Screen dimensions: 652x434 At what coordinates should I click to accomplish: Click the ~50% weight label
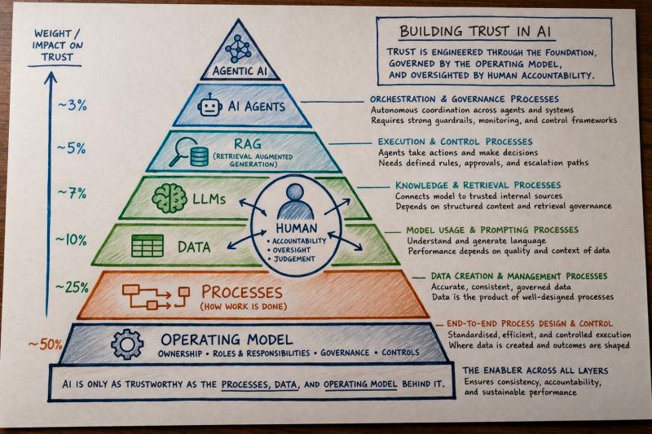[45, 344]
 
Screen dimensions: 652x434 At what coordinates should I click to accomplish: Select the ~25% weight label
[72, 287]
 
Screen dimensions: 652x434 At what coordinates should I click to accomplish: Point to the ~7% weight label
[71, 193]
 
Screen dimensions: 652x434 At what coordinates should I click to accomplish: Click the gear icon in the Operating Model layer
[127, 344]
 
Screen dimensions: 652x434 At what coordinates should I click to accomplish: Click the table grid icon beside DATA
[148, 245]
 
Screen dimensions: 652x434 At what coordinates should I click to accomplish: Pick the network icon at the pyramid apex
[240, 48]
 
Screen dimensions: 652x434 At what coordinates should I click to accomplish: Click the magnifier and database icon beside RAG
[188, 151]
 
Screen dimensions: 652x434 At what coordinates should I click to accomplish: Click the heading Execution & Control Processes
[455, 142]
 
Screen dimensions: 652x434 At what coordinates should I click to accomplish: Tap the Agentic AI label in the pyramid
[240, 70]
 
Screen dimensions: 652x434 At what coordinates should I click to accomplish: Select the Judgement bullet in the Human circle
[294, 260]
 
